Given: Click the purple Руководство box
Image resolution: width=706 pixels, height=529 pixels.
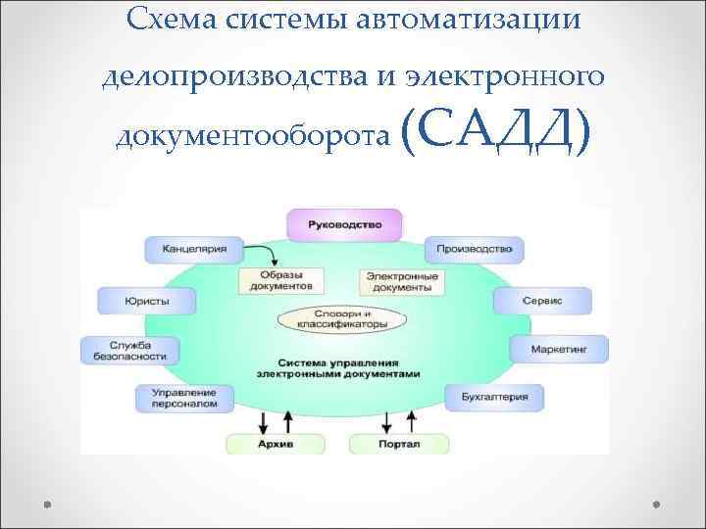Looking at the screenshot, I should (344, 224).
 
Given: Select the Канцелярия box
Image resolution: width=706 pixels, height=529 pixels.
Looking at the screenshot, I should (192, 249).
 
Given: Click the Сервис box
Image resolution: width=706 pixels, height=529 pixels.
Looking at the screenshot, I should (541, 301).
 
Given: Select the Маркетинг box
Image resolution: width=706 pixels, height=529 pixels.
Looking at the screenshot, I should (557, 349).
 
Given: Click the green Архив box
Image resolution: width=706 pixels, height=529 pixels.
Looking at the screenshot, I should (275, 444).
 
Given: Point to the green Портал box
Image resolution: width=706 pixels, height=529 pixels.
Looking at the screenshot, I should (398, 444).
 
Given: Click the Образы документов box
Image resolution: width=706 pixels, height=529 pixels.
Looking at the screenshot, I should (280, 281).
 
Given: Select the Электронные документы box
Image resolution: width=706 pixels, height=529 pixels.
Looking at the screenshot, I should (401, 282).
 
